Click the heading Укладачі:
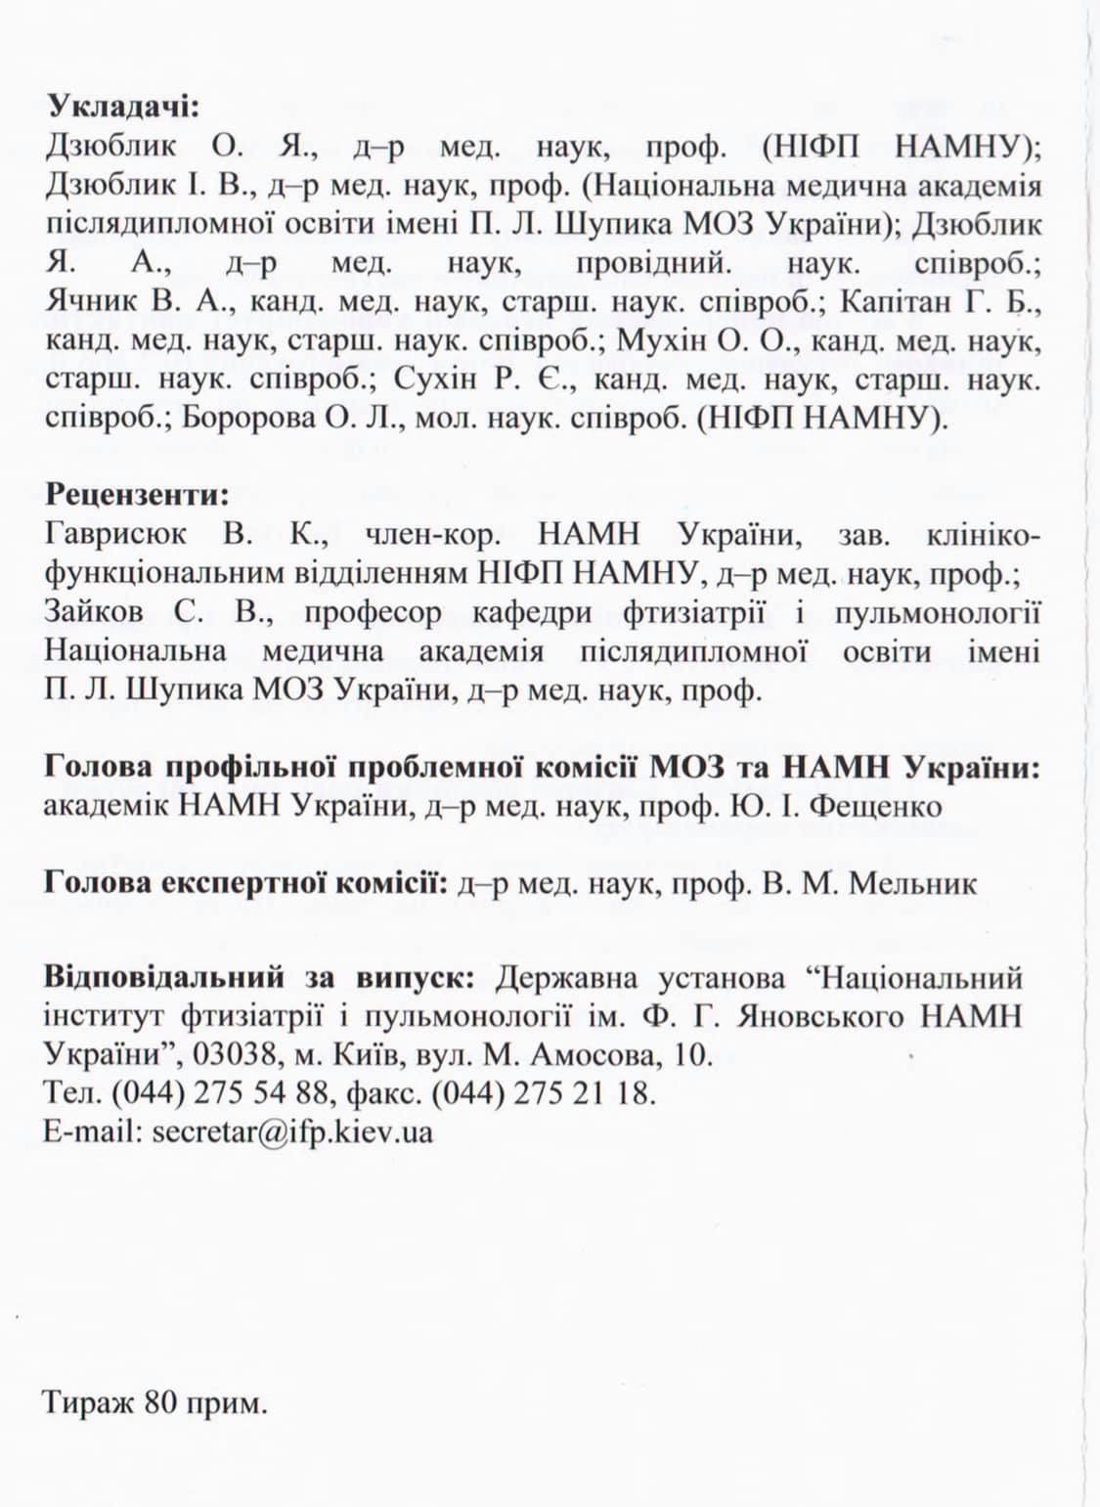tap(122, 107)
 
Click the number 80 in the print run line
tap(160, 1404)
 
